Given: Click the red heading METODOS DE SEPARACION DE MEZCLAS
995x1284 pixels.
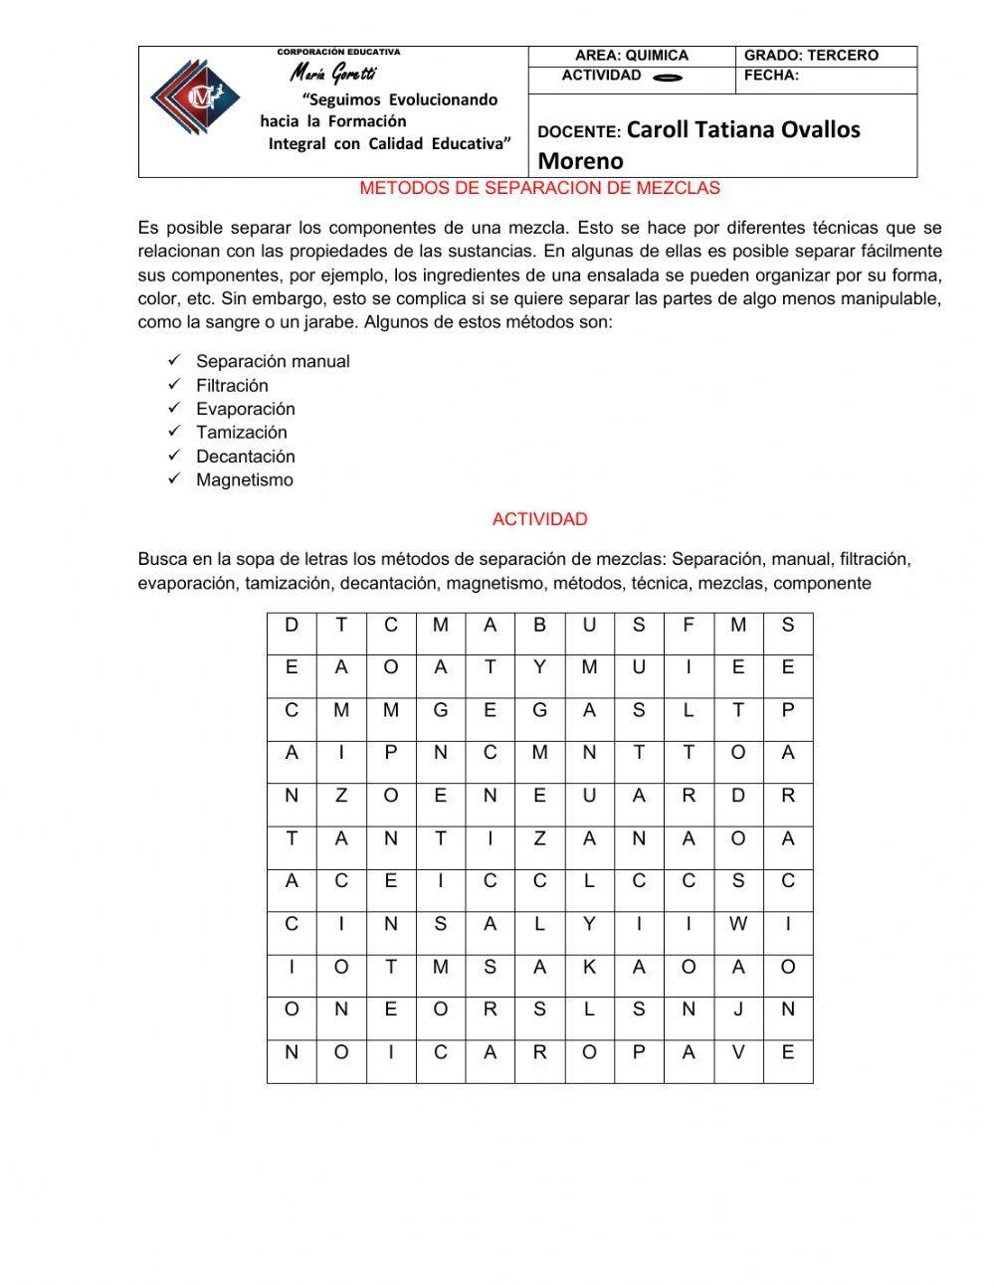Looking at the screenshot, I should pyautogui.click(x=539, y=188).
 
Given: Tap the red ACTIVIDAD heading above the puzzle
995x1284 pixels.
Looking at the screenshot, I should pyautogui.click(x=539, y=519).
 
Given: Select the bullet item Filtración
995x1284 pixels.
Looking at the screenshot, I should pyautogui.click(x=232, y=386).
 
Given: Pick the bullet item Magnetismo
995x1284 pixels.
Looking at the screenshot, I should pyautogui.click(x=245, y=480).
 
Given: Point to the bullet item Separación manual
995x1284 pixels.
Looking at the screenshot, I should pyautogui.click(x=273, y=362).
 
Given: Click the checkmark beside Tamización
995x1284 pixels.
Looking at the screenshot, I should pyautogui.click(x=174, y=432).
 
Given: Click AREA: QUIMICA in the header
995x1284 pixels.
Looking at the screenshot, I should pyautogui.click(x=632, y=56).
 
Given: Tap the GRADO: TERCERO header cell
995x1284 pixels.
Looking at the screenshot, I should pyautogui.click(x=811, y=56).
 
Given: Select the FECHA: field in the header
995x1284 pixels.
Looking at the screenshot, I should pyautogui.click(x=771, y=76).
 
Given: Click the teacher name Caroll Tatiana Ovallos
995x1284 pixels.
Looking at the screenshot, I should pyautogui.click(x=743, y=130).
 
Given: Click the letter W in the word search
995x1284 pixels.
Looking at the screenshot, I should pyautogui.click(x=737, y=924).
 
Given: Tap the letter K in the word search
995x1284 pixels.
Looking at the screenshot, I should pyautogui.click(x=589, y=967).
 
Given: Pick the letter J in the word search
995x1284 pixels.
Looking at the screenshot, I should pyautogui.click(x=737, y=1009).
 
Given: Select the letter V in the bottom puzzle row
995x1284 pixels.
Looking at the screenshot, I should pyautogui.click(x=737, y=1052).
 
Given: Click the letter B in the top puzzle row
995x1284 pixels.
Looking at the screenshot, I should pyautogui.click(x=539, y=625).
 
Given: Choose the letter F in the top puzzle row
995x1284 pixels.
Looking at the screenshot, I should pyautogui.click(x=688, y=625).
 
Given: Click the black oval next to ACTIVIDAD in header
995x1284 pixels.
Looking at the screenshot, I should pyautogui.click(x=669, y=78).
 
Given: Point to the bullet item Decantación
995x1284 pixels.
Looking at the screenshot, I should pyautogui.click(x=245, y=457).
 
